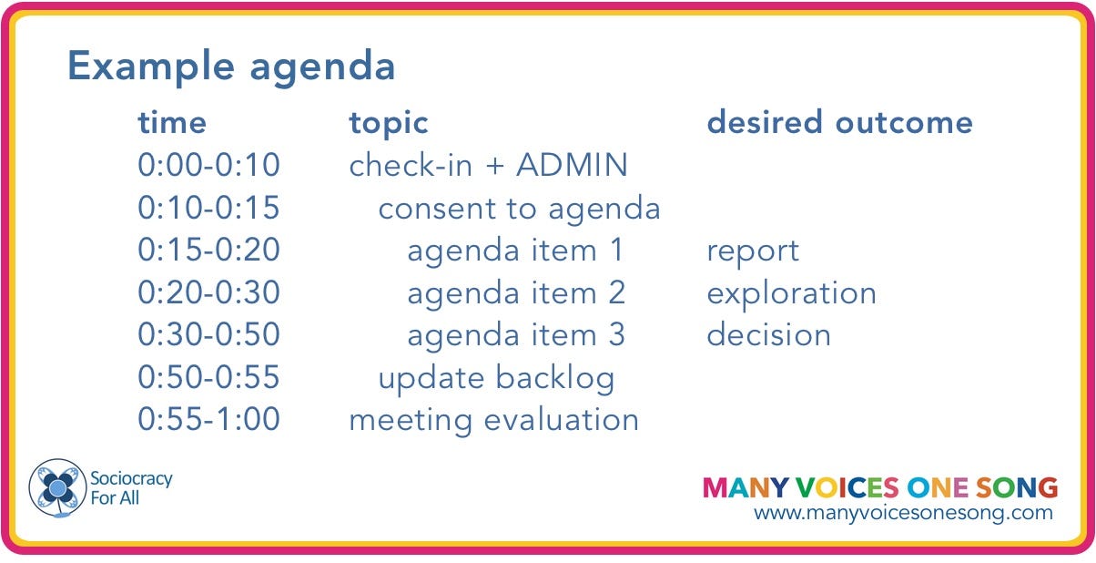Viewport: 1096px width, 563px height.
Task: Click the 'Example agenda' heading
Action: pos(231,67)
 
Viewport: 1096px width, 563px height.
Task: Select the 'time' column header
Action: pos(172,122)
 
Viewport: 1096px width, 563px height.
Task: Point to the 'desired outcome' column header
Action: pos(839,122)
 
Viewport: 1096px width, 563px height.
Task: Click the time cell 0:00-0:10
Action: pos(209,165)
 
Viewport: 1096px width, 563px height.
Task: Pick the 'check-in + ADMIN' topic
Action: pos(488,165)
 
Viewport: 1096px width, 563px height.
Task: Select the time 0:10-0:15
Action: pos(209,207)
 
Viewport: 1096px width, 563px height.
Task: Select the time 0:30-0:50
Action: pos(209,334)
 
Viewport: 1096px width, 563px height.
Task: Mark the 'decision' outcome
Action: pos(768,334)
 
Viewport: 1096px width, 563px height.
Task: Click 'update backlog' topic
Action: pos(496,379)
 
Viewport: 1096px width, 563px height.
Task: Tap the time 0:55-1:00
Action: pos(209,419)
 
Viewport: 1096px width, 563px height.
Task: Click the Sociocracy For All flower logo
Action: pos(57,488)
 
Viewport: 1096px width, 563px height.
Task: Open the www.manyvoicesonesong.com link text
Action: pos(903,514)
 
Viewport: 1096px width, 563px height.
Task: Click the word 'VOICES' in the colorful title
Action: pos(847,488)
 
